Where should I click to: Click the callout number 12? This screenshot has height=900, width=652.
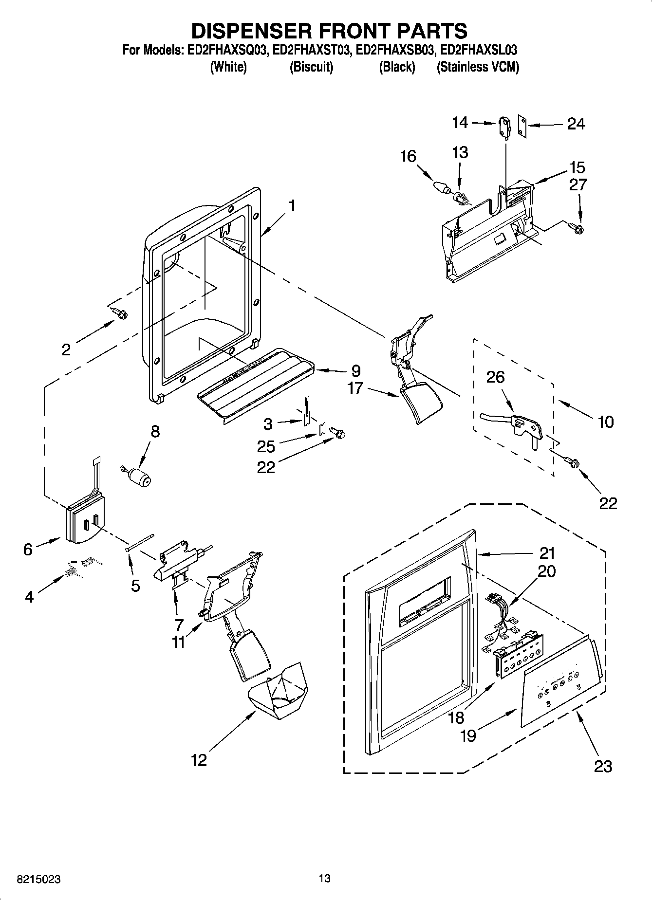[199, 760]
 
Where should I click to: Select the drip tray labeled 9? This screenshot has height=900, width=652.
[258, 382]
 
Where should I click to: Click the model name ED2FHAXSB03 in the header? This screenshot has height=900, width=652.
[395, 50]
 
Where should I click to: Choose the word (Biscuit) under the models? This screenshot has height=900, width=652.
[311, 67]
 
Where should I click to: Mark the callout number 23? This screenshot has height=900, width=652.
[603, 767]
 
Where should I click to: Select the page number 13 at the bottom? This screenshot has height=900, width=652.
[325, 879]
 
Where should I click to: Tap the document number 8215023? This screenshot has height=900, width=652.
[39, 880]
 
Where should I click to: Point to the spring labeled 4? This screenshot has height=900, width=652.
[80, 567]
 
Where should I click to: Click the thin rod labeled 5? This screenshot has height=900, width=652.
[140, 542]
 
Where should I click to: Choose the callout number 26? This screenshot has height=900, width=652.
[496, 377]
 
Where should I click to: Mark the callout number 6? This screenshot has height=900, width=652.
[28, 550]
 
